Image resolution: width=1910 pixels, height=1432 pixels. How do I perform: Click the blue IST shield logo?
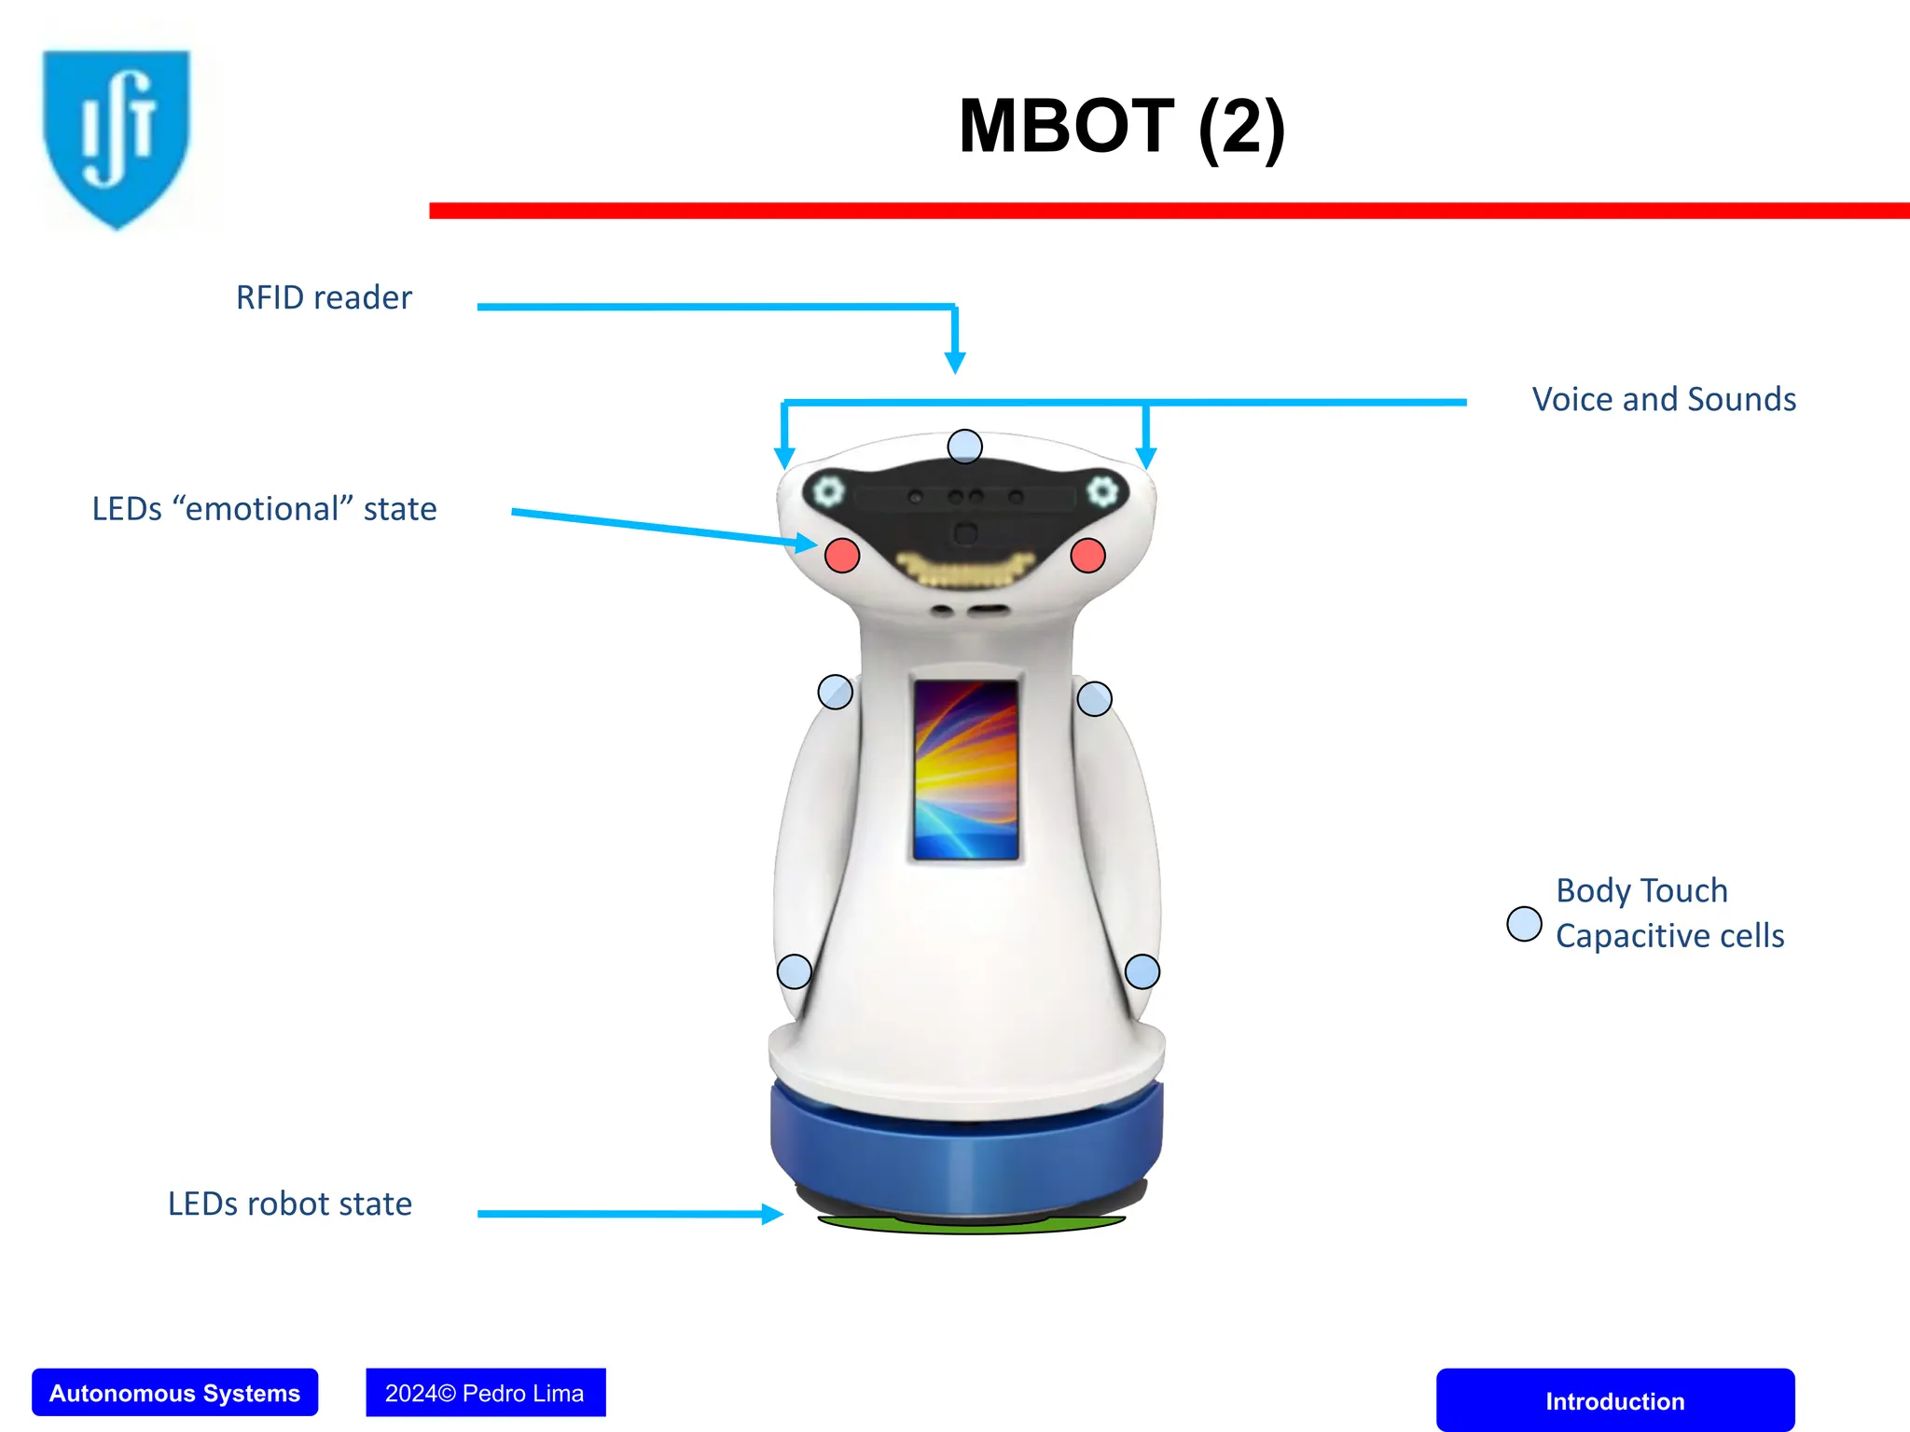pyautogui.click(x=117, y=135)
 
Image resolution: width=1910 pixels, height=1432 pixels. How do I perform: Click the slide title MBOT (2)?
pyautogui.click(x=1122, y=127)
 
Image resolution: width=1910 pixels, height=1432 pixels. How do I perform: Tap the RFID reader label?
pyautogui.click(x=324, y=297)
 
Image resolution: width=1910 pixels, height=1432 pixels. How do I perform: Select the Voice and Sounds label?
pyautogui.click(x=1664, y=399)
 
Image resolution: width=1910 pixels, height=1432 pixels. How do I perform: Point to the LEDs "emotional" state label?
pyautogui.click(x=264, y=509)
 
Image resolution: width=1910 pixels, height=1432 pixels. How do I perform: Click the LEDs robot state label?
pyautogui.click(x=289, y=1204)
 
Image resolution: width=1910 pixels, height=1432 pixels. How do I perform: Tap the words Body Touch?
pyautogui.click(x=1641, y=890)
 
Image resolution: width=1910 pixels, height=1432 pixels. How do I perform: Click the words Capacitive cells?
pyautogui.click(x=1669, y=936)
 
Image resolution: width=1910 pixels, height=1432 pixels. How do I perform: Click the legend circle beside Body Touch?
pyautogui.click(x=1524, y=924)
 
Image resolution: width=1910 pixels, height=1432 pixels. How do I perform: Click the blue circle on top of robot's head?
pyautogui.click(x=964, y=447)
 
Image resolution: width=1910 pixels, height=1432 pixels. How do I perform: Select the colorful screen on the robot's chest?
pyautogui.click(x=965, y=769)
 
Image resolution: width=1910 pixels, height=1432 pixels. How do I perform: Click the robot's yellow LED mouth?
pyautogui.click(x=965, y=570)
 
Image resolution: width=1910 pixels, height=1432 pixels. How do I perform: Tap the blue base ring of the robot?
pyautogui.click(x=966, y=1151)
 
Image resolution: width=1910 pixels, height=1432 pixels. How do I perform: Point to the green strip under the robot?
pyautogui.click(x=970, y=1225)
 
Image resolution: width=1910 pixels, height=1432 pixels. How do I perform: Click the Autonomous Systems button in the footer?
pyautogui.click(x=174, y=1393)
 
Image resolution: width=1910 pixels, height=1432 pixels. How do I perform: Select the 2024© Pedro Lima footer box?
pyautogui.click(x=485, y=1393)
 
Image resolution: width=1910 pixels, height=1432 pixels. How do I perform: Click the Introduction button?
pyautogui.click(x=1614, y=1400)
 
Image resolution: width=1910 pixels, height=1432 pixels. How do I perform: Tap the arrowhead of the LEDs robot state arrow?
pyautogui.click(x=771, y=1214)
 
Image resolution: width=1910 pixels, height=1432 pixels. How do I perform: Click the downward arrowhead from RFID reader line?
pyautogui.click(x=955, y=363)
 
